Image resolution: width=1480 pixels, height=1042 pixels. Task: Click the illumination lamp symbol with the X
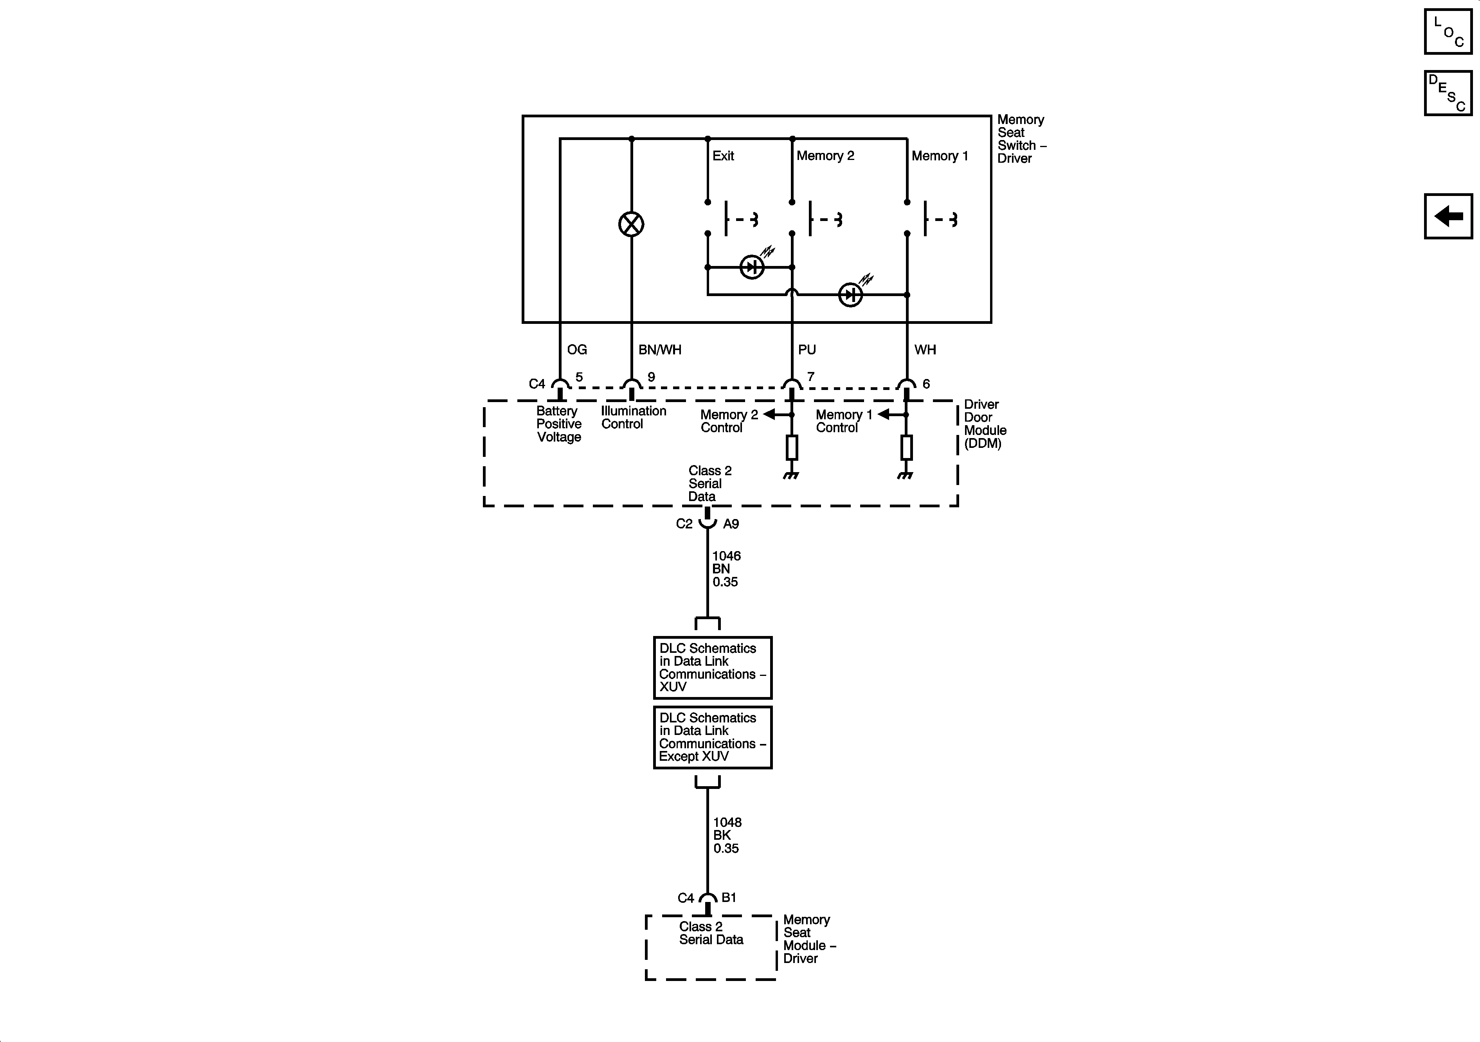click(x=631, y=224)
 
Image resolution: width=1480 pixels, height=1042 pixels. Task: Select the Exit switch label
click(x=723, y=156)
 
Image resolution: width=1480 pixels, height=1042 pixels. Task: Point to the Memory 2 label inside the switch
click(x=825, y=156)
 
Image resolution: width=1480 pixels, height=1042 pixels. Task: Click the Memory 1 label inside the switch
click(x=939, y=156)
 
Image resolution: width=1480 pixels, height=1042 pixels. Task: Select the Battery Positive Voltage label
click(x=559, y=424)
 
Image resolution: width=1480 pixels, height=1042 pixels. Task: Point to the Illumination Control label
click(x=633, y=418)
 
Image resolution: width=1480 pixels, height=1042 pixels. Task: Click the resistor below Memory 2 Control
click(x=792, y=447)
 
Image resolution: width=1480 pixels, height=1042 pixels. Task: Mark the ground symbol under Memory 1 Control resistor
click(x=906, y=476)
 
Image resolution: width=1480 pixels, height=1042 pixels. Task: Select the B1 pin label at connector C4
click(x=728, y=897)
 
